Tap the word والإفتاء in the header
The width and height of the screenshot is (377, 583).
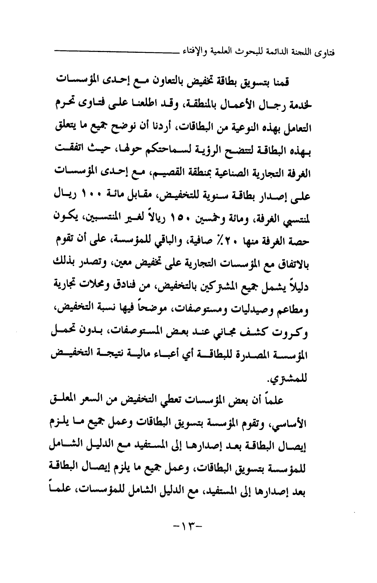coord(197,51)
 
